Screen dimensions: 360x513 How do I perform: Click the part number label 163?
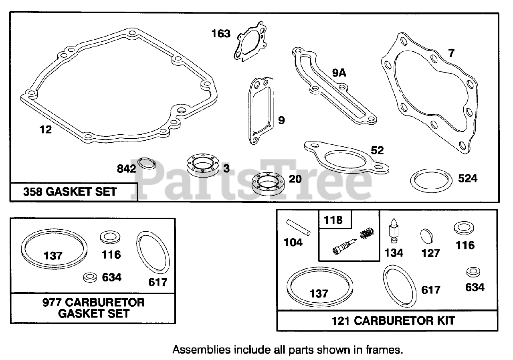coord(221,33)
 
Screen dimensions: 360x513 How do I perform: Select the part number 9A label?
coord(339,73)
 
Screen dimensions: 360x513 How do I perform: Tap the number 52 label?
coord(377,150)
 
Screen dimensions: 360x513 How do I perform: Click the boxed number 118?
coord(334,220)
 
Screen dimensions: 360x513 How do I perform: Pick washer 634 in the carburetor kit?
coord(473,273)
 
